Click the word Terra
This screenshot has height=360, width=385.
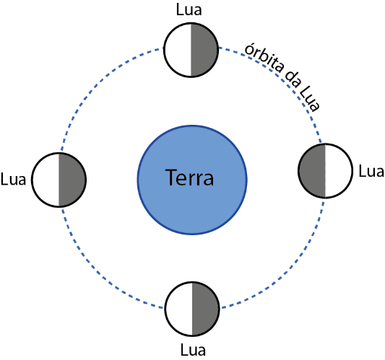click(189, 177)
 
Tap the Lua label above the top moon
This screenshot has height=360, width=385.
click(189, 10)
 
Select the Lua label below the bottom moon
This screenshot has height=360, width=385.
click(193, 350)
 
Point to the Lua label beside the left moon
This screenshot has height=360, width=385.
click(13, 179)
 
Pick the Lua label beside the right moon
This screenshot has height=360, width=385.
click(371, 171)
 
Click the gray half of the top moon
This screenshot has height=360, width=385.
click(204, 50)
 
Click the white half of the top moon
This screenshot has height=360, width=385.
click(178, 50)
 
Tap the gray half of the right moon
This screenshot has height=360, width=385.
click(312, 171)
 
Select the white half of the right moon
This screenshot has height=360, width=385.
click(339, 171)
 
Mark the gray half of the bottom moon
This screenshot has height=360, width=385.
click(205, 309)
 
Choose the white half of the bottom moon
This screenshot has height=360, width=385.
click(178, 309)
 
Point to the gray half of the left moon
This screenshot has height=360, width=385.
click(72, 180)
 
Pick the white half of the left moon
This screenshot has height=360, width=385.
click(46, 180)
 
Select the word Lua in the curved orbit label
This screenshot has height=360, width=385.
click(310, 100)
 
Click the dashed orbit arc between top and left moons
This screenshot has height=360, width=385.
click(97, 84)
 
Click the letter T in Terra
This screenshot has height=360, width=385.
click(172, 177)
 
